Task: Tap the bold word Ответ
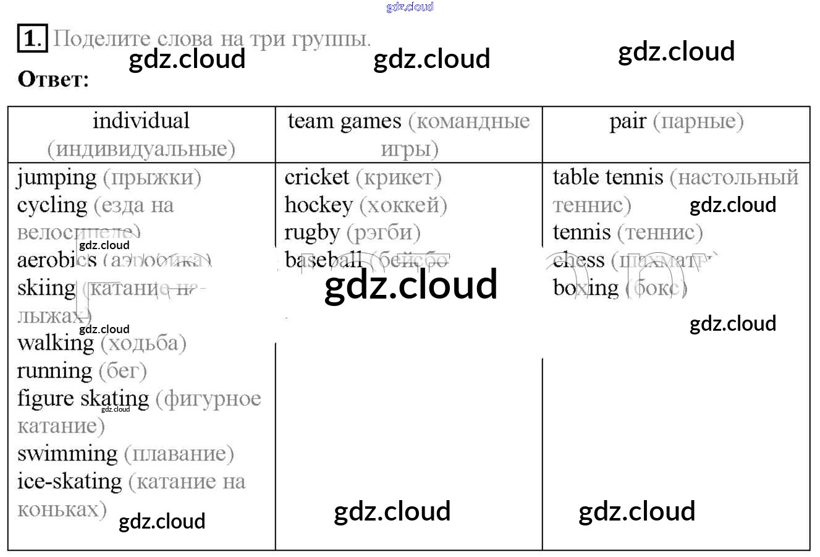tap(54, 80)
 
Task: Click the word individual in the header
tap(141, 121)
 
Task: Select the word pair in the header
tap(628, 122)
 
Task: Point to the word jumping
tap(57, 179)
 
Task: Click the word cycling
tap(53, 206)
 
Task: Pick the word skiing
tap(46, 288)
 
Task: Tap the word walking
tap(56, 343)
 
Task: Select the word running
tap(54, 371)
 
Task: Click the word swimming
tap(67, 454)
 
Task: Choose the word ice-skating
tap(69, 481)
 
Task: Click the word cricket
tap(317, 177)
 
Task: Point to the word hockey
tap(318, 205)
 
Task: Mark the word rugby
tap(312, 233)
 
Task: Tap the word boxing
tap(585, 288)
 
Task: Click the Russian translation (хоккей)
tap(403, 205)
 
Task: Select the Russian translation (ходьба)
tap(143, 343)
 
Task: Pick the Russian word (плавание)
tap(179, 454)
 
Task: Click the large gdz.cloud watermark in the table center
tap(411, 284)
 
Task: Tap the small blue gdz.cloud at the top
tap(410, 7)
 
